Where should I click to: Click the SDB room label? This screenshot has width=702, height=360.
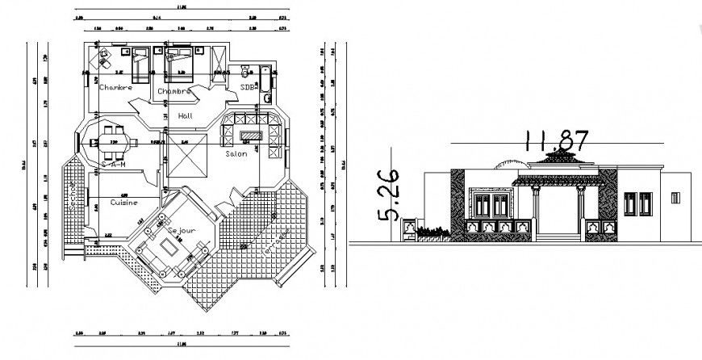pos(248,86)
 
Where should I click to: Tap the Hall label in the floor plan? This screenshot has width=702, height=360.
pos(185,117)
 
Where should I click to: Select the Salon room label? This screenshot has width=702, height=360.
pos(236,153)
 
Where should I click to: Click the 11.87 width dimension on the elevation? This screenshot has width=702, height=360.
pos(554,141)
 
